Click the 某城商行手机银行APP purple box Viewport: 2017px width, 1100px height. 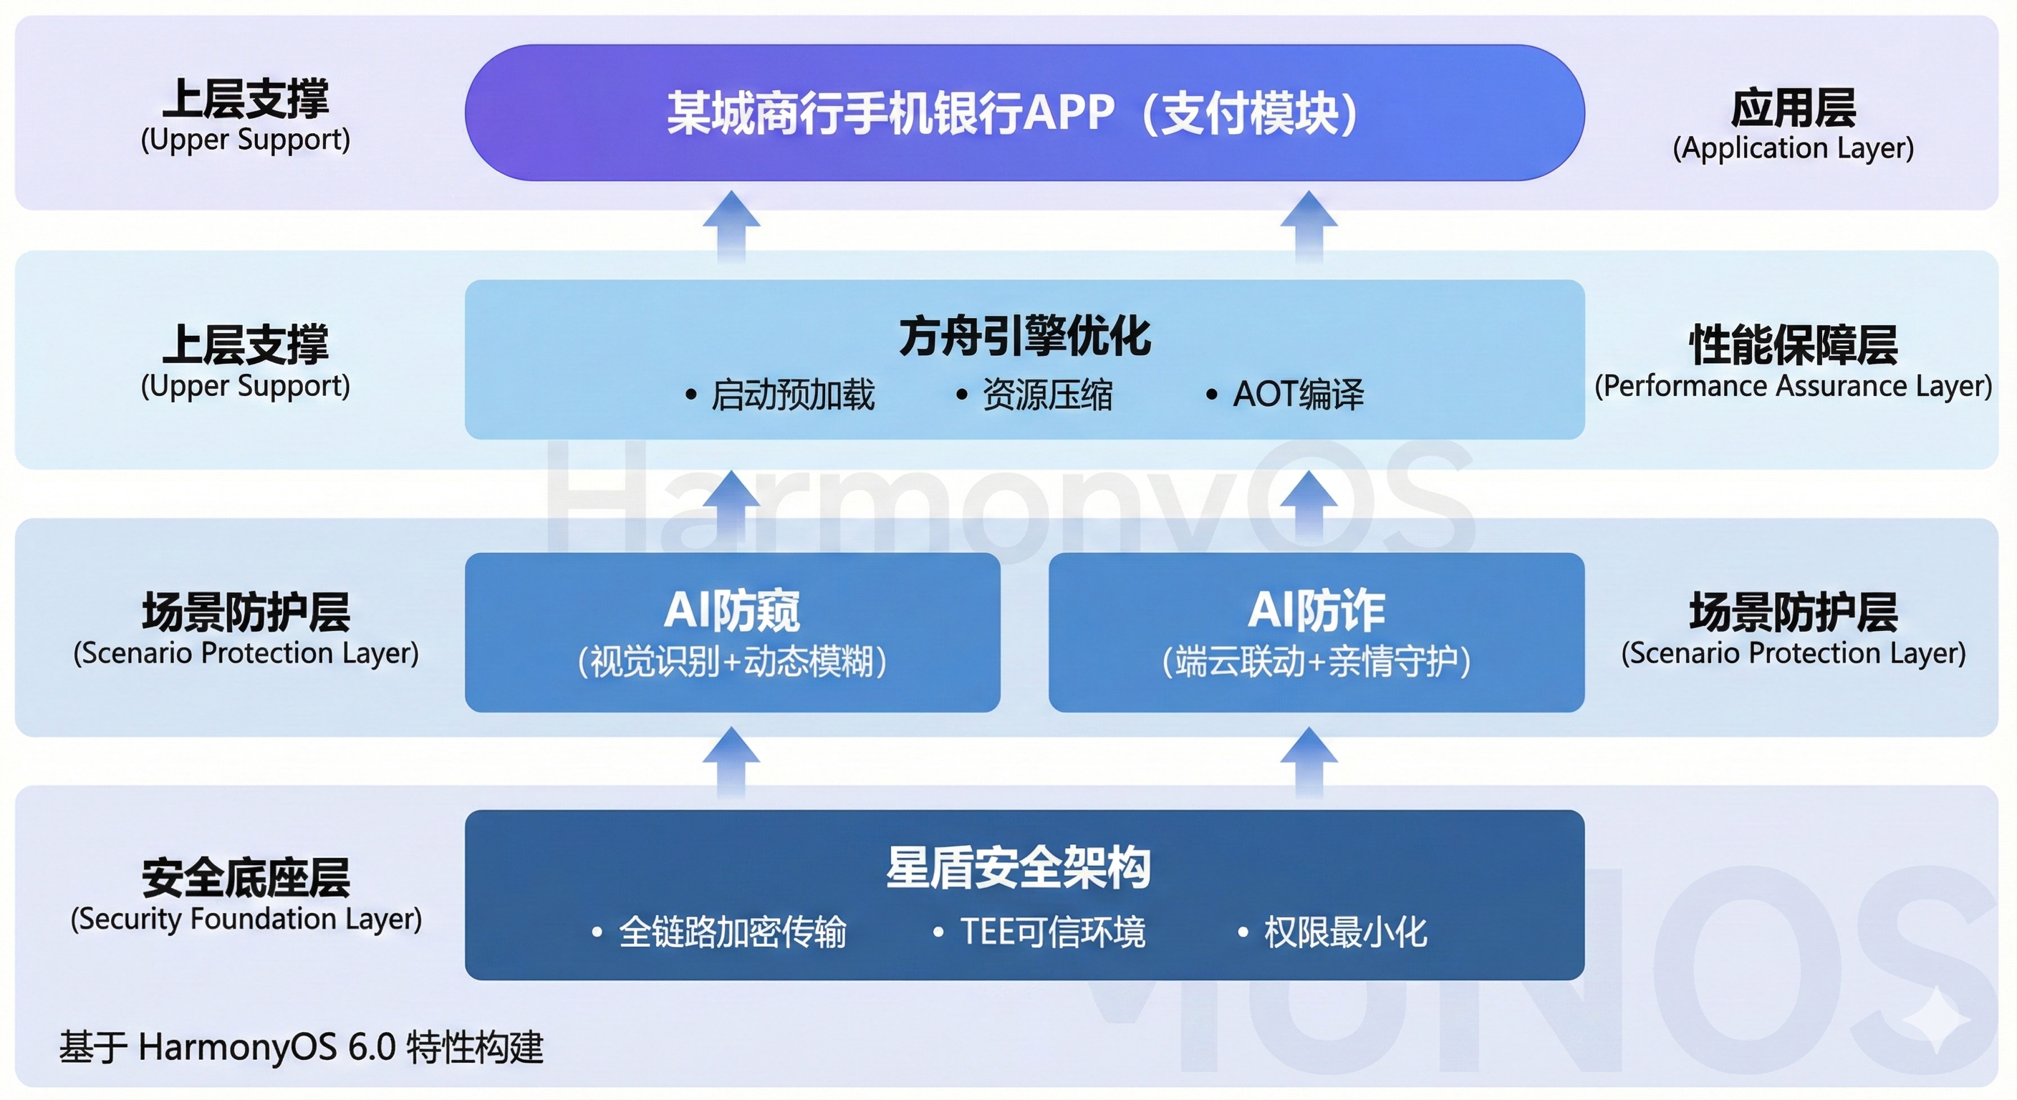(x=1024, y=112)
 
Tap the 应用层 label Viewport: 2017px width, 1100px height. (x=1793, y=108)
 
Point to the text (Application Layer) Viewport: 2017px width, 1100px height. (x=1793, y=148)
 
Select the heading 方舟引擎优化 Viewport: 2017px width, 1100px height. (x=1024, y=337)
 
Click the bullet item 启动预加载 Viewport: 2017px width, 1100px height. (x=791, y=395)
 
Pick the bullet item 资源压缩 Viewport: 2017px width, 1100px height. (x=1047, y=395)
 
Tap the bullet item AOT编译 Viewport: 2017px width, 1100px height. (x=1297, y=395)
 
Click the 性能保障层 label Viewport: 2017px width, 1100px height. (x=1793, y=344)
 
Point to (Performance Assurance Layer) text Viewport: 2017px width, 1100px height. (x=1793, y=386)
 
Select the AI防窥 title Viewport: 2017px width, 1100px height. (x=731, y=611)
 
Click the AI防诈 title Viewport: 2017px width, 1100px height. (x=1316, y=611)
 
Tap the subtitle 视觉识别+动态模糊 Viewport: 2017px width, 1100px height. (x=731, y=662)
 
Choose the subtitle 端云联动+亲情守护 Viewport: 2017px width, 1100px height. (x=1316, y=662)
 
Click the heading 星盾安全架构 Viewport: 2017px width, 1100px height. (x=1018, y=867)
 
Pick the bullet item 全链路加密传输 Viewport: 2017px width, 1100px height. (x=732, y=932)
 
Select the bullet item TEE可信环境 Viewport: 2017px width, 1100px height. (x=1052, y=932)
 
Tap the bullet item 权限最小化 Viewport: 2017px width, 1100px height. (x=1344, y=932)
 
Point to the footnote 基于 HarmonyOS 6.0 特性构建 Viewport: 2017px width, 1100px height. (x=302, y=1047)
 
